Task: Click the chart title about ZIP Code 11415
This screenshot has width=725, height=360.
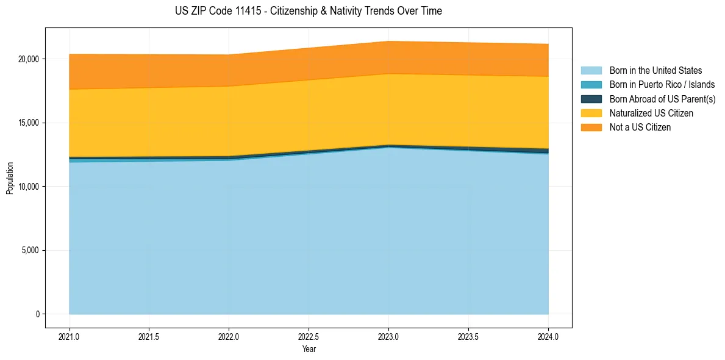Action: point(308,11)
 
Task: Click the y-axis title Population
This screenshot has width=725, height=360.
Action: point(10,178)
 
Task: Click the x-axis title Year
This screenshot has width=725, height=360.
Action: point(309,349)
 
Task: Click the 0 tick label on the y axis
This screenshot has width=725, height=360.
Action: point(37,314)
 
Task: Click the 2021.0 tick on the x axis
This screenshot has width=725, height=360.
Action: point(69,336)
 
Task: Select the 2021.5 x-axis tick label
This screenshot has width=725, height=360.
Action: point(149,336)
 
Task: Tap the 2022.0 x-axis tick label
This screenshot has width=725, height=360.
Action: point(229,336)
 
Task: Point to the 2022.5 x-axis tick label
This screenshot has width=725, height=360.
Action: point(309,336)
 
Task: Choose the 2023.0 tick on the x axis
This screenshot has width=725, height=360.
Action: point(388,336)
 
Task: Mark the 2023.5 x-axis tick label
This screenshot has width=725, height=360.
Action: point(468,336)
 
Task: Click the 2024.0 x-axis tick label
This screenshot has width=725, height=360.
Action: point(548,336)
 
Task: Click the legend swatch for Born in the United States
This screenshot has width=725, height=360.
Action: point(591,71)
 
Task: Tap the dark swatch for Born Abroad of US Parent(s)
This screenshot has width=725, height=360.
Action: point(591,99)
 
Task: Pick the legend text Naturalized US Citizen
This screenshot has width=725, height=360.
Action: point(651,113)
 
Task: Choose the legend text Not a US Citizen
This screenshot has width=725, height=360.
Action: point(640,127)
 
